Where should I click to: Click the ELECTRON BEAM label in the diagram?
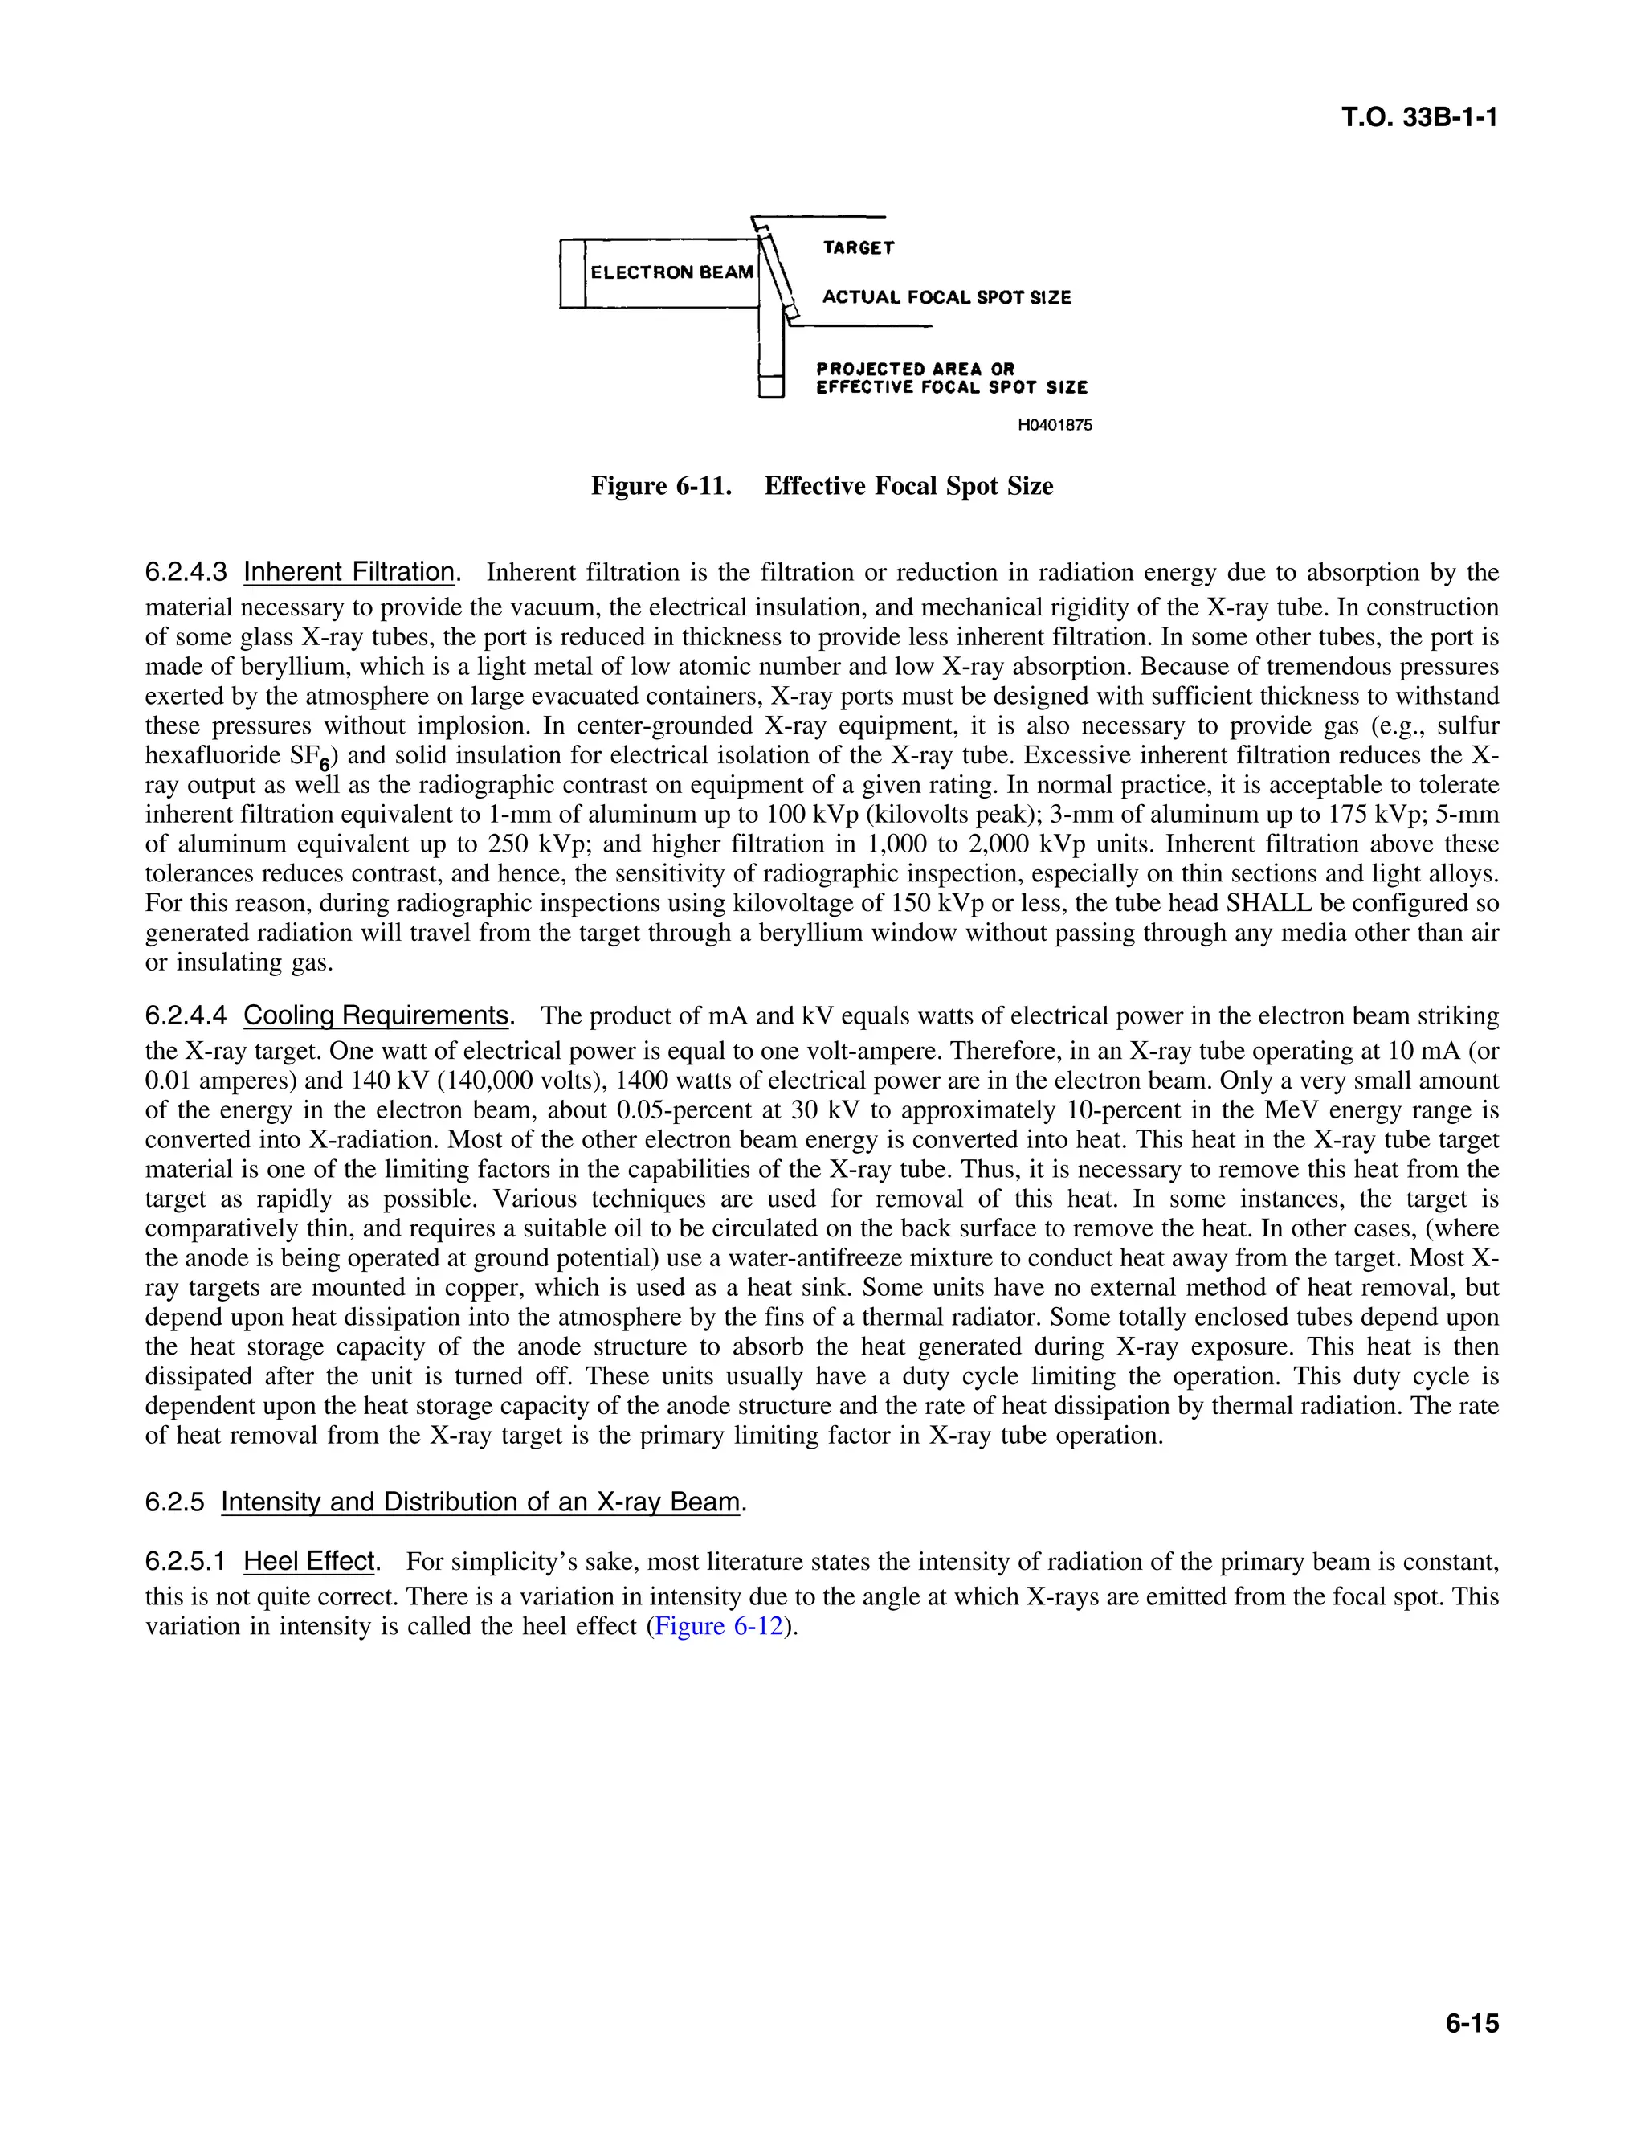point(671,273)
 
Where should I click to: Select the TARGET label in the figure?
point(858,248)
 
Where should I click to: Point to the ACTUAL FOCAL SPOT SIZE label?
point(945,297)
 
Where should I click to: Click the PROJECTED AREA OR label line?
point(915,369)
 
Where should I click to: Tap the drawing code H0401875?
point(1055,425)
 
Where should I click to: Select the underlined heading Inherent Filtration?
point(349,572)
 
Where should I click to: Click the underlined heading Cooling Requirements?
point(376,1015)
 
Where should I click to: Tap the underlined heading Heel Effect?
point(309,1561)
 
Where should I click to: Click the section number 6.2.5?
point(174,1502)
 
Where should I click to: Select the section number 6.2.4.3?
point(186,572)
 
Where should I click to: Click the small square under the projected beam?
point(771,387)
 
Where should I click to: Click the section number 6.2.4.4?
point(186,1015)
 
